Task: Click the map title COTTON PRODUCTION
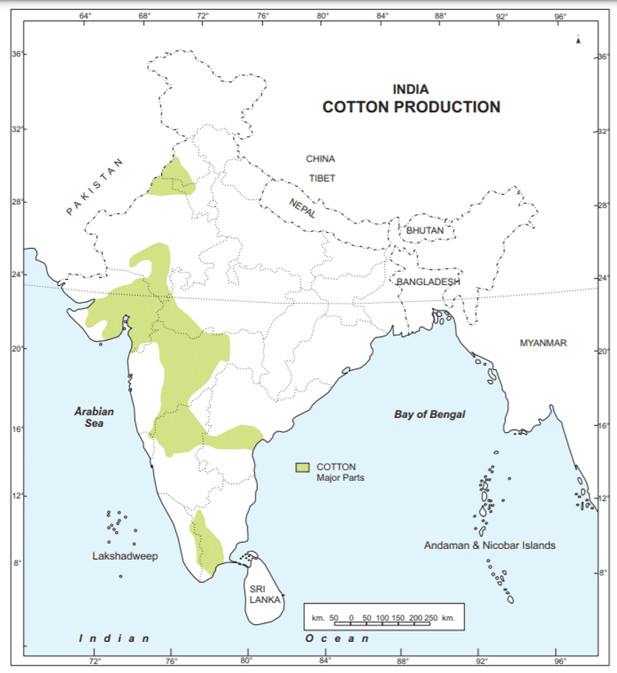[x=411, y=107]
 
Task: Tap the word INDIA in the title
[x=411, y=89]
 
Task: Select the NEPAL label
[x=302, y=208]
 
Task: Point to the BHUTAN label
[x=425, y=230]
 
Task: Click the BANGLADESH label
[x=429, y=281]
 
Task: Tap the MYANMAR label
[x=542, y=343]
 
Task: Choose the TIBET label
[x=322, y=178]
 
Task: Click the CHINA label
[x=320, y=159]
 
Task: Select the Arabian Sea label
[x=93, y=418]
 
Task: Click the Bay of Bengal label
[x=429, y=414]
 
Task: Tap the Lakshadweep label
[x=125, y=556]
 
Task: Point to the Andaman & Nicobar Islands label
[x=489, y=545]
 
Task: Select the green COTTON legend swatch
[x=301, y=468]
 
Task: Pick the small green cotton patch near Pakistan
[x=174, y=181]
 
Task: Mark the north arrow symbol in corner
[x=579, y=39]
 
